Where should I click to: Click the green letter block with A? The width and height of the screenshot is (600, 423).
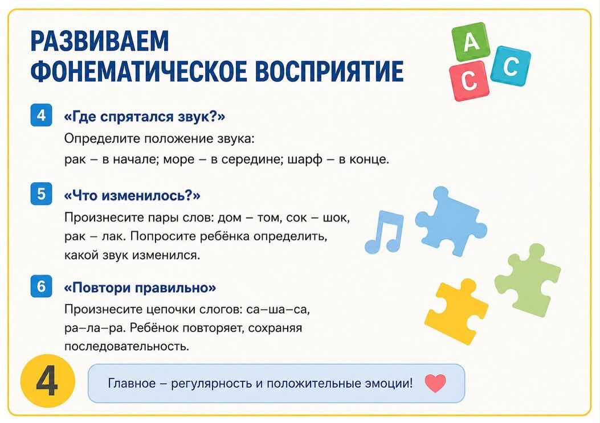tap(471, 42)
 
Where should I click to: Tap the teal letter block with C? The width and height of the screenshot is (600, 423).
tap(510, 67)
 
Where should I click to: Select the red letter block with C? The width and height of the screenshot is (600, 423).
tap(469, 81)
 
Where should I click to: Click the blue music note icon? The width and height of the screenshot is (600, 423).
tap(384, 232)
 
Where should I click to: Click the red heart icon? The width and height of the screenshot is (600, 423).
tap(435, 383)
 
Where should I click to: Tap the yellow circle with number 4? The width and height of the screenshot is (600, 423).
tap(48, 381)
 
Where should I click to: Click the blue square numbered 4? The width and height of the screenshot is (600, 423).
tap(41, 115)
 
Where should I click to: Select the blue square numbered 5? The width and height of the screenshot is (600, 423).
tap(41, 194)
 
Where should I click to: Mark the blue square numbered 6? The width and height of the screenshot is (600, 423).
tap(41, 286)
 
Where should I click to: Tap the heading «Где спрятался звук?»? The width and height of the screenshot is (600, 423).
tap(145, 117)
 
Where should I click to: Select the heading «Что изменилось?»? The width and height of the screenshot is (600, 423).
tap(132, 195)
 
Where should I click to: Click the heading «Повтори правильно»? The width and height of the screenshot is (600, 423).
tap(140, 288)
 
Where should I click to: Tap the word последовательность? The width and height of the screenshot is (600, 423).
tap(126, 347)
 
